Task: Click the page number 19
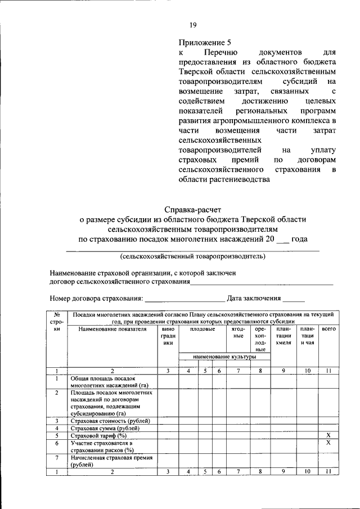(192, 25)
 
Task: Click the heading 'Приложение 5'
(205, 42)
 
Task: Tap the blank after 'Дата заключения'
(294, 299)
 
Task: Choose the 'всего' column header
(329, 329)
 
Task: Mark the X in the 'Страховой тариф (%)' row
(329, 435)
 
